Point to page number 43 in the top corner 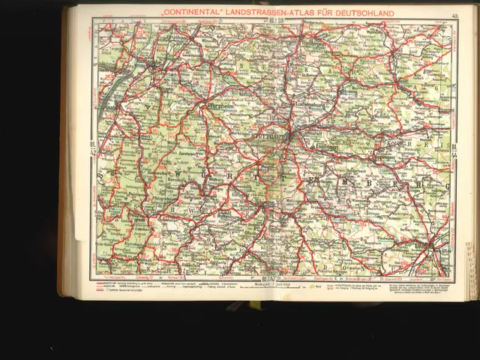455,15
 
